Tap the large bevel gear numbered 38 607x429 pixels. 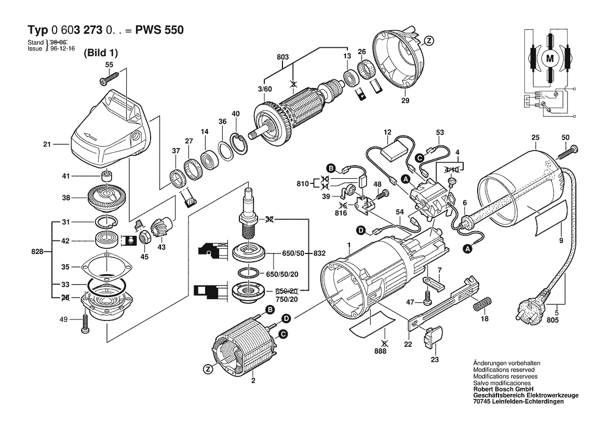pos(109,197)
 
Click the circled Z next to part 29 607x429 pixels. pos(428,40)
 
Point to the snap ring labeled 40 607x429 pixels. pos(239,143)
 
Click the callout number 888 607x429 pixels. pos(385,351)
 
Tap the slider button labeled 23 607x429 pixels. pos(432,340)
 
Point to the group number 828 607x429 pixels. pos(37,252)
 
